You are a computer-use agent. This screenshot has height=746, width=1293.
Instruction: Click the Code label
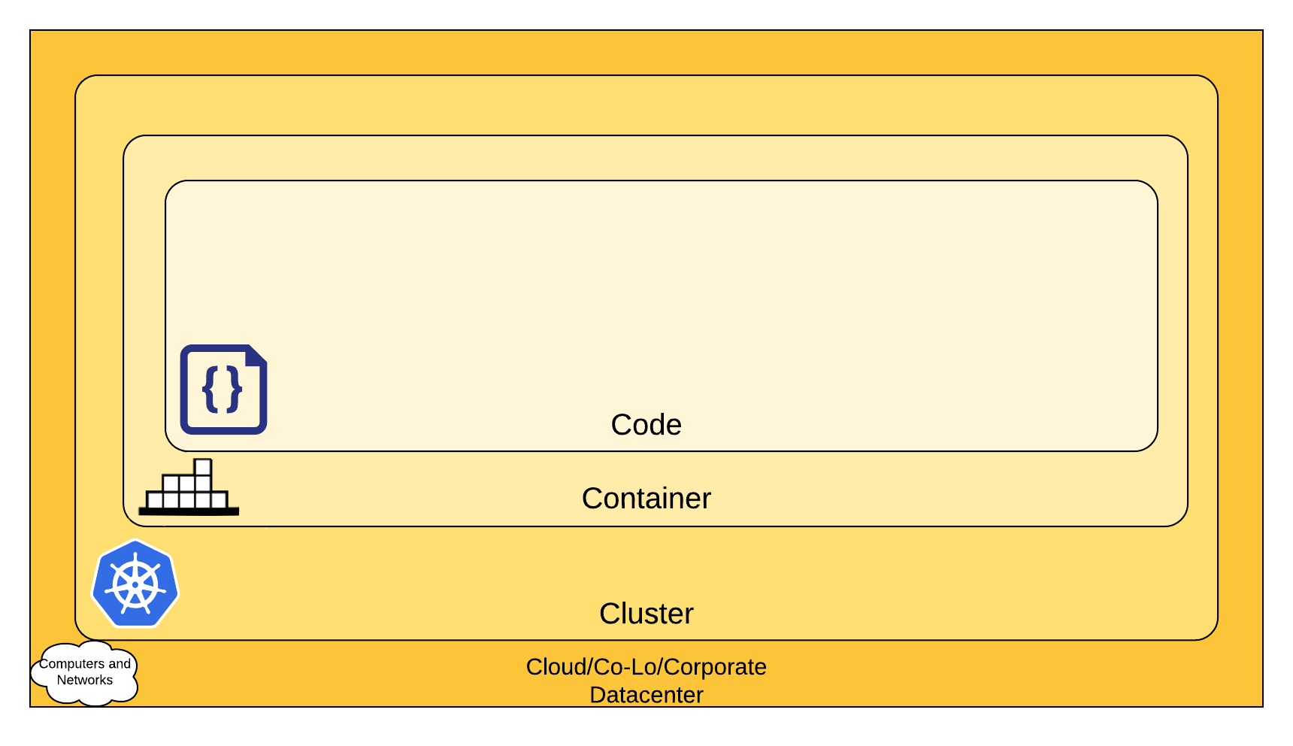[646, 425]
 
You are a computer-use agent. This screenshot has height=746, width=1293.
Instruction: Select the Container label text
[646, 499]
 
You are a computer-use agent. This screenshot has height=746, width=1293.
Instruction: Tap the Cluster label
[646, 614]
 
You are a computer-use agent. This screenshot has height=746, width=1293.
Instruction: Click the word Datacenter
[646, 695]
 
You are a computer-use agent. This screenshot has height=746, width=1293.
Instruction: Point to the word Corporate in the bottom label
[715, 667]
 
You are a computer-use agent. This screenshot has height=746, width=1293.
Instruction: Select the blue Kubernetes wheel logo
[135, 584]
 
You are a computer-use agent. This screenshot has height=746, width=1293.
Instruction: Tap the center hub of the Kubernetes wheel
[135, 584]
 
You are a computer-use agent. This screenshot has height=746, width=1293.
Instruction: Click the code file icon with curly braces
[223, 390]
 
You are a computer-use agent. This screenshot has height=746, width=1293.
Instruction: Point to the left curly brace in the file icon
[210, 389]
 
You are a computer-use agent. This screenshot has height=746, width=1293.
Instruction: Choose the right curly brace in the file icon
[235, 389]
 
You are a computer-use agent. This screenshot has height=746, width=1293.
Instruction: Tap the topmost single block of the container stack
[202, 467]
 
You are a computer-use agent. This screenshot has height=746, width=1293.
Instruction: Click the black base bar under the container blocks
[189, 511]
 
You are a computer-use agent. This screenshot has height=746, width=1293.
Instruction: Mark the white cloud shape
[85, 673]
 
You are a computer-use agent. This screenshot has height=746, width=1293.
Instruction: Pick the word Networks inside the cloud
[85, 681]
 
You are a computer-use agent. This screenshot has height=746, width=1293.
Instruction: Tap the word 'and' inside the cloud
[120, 664]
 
